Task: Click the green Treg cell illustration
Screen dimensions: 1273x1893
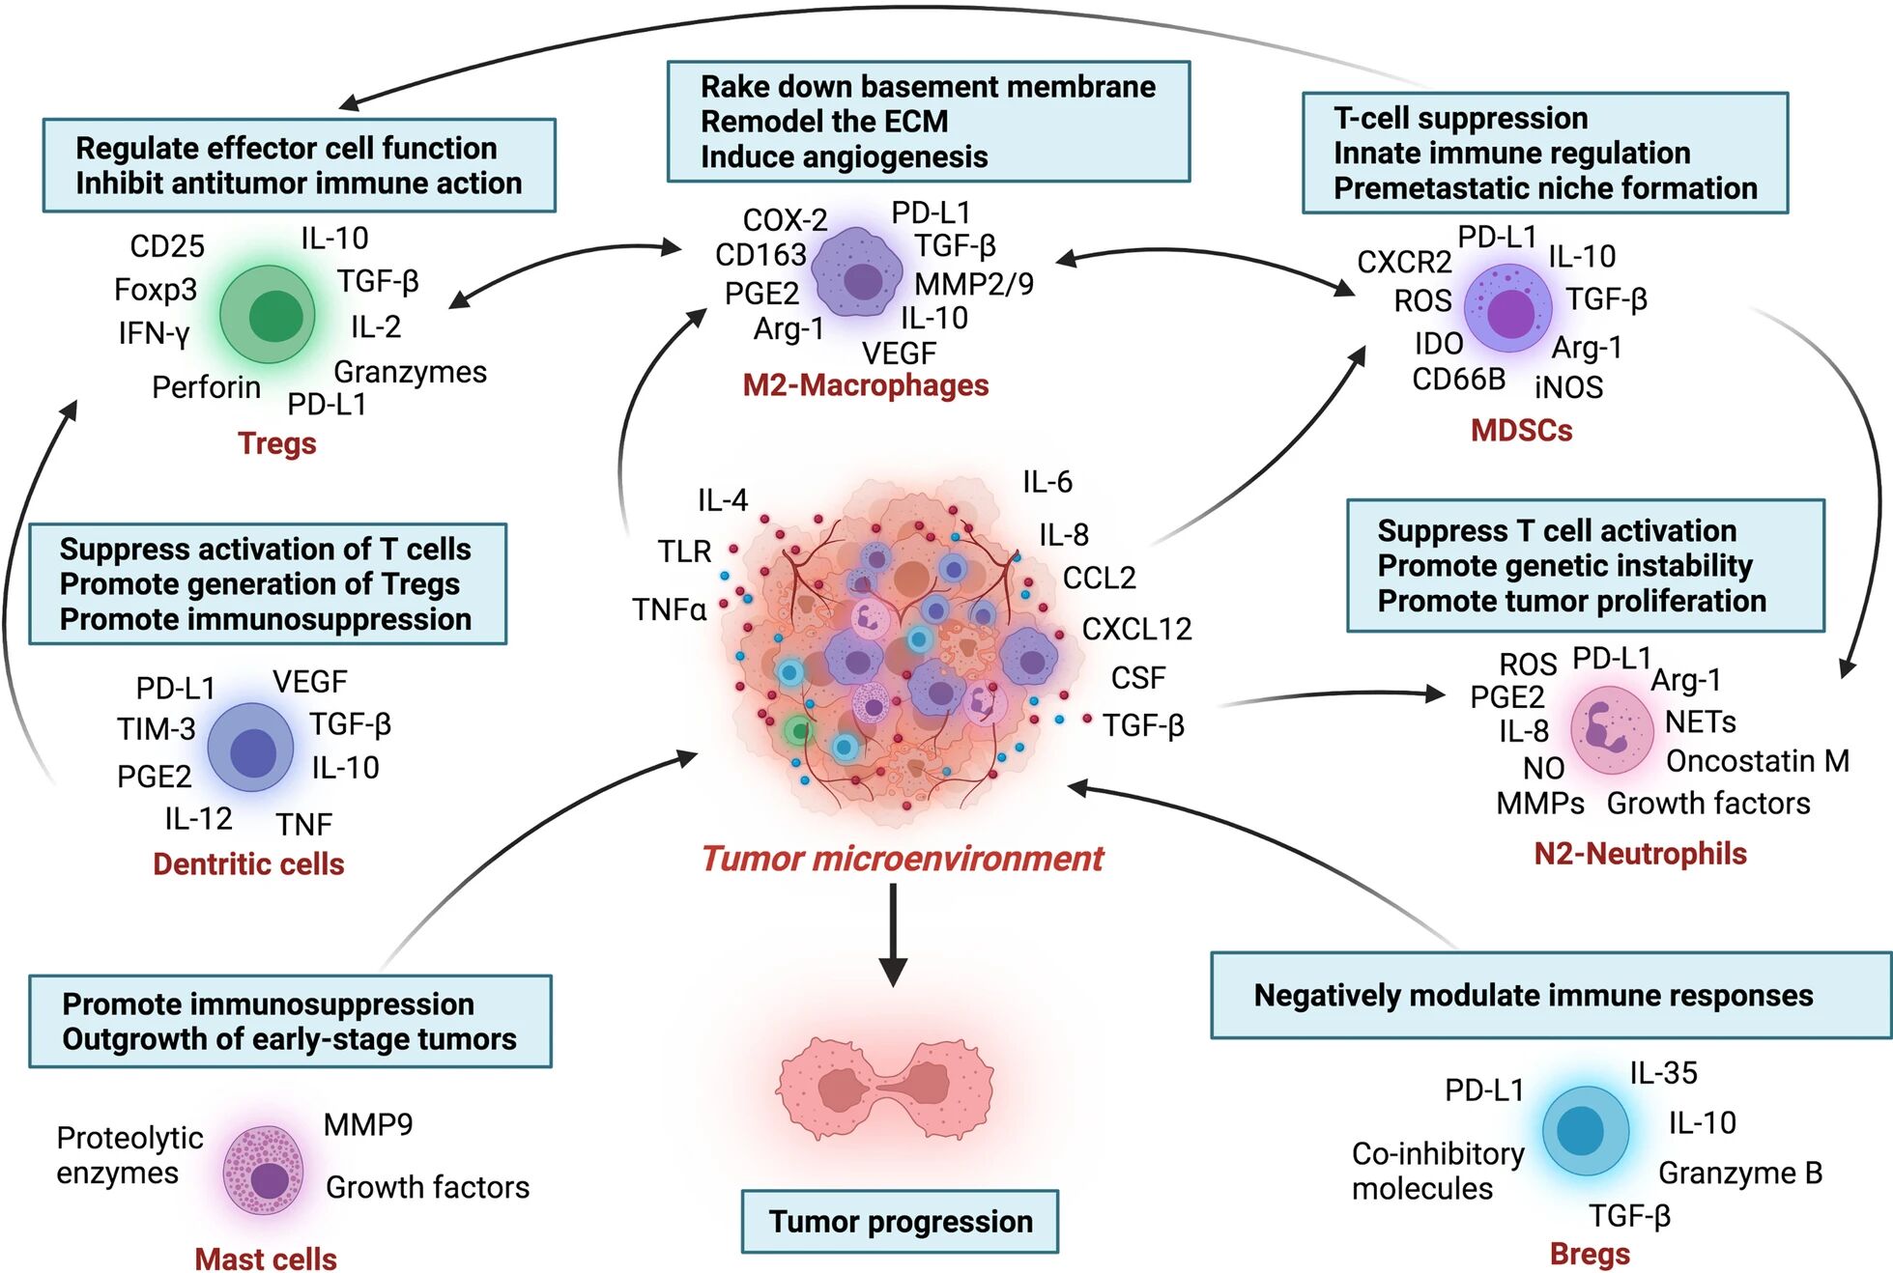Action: [268, 315]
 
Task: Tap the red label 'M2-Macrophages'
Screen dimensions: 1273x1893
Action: [865, 385]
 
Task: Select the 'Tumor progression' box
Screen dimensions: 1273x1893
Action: [900, 1222]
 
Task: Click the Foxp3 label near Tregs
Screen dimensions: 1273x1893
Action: [155, 290]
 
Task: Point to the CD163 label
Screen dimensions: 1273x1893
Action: [760, 255]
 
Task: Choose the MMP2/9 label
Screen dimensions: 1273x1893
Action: [973, 284]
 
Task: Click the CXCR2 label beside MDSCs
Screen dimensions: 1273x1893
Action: [1403, 262]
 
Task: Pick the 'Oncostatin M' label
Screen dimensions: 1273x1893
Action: [1757, 761]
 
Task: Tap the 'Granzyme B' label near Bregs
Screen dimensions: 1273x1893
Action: [1739, 1173]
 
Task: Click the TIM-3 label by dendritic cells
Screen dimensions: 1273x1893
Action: [156, 729]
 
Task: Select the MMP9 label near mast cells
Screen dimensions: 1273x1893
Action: [367, 1124]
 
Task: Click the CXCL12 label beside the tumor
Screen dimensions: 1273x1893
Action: [1136, 629]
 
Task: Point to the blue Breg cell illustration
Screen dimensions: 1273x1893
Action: [1585, 1130]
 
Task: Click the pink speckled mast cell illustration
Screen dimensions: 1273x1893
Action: [263, 1170]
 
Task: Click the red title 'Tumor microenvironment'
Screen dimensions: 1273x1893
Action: [902, 859]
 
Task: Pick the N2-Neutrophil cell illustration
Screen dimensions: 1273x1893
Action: [1611, 729]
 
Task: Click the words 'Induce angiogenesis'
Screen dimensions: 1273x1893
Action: [844, 156]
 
